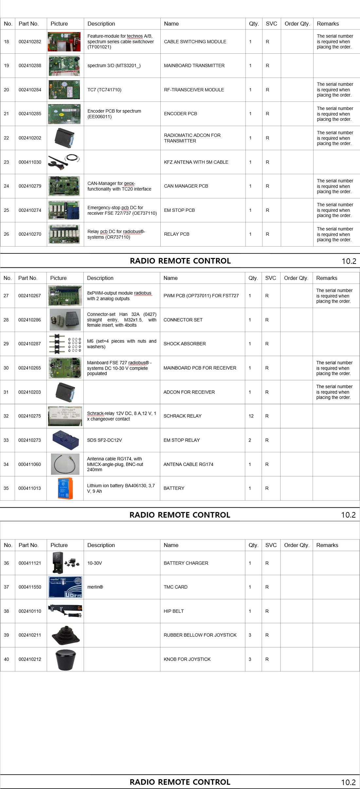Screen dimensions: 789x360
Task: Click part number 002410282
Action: point(30,42)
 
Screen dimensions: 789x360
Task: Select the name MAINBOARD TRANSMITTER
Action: point(194,65)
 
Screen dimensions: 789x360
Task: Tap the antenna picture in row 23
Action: point(64,162)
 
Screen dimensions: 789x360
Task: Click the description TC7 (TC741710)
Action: point(104,90)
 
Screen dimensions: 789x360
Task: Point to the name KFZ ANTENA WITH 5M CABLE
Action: point(196,162)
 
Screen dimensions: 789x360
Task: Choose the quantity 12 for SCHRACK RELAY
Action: point(251,416)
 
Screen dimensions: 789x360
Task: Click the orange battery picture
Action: point(65,488)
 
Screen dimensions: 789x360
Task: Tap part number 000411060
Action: point(29,464)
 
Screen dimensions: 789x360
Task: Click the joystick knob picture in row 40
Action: point(65,659)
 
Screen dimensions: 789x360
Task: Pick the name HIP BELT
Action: point(173,611)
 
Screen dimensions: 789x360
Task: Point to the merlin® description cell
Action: point(95,587)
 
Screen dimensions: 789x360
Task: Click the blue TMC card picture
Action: point(65,587)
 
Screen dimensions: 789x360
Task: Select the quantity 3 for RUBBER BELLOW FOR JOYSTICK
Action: point(250,635)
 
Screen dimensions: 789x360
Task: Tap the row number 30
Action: point(6,368)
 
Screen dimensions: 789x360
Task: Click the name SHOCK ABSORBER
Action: point(185,344)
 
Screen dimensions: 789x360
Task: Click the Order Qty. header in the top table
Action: point(297,24)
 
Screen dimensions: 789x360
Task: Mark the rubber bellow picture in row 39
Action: point(65,635)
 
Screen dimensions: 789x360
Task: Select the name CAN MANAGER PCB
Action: point(186,186)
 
